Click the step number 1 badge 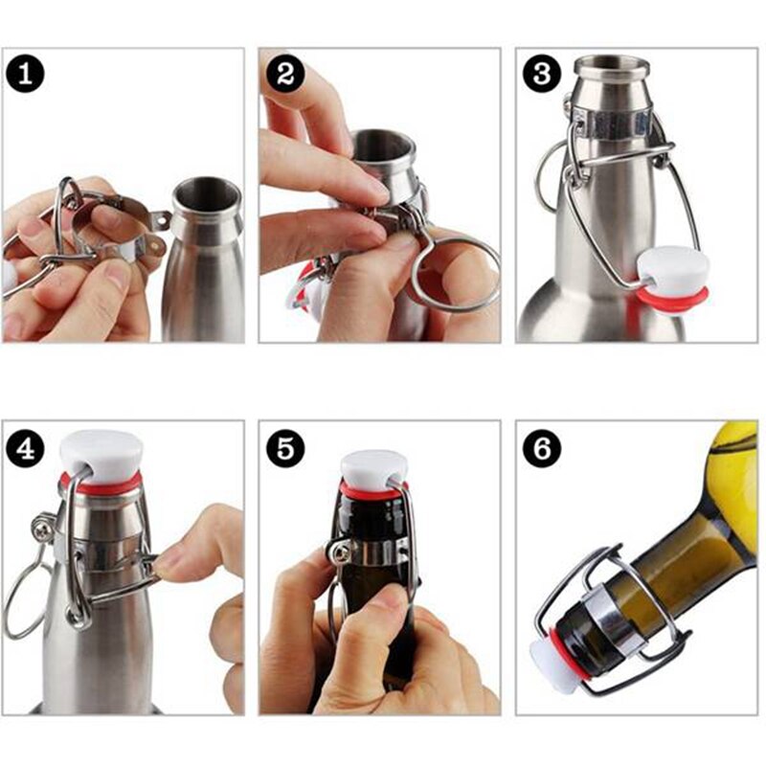pyautogui.click(x=27, y=74)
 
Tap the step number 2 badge pyautogui.click(x=284, y=74)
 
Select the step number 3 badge pyautogui.click(x=543, y=74)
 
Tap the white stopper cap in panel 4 pyautogui.click(x=101, y=452)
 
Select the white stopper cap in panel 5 pyautogui.click(x=373, y=466)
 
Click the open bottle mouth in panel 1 pyautogui.click(x=206, y=191)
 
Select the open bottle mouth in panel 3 pyautogui.click(x=611, y=63)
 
